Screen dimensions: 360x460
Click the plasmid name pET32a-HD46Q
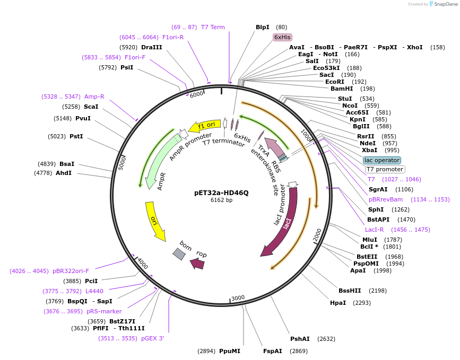click(x=221, y=192)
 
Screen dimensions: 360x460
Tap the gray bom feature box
click(x=179, y=254)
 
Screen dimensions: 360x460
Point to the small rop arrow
click(x=197, y=263)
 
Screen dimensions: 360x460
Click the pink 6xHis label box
click(x=282, y=37)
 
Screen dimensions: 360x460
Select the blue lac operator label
click(x=382, y=160)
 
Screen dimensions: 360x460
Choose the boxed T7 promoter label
click(x=385, y=170)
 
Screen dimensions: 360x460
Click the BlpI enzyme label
click(x=263, y=27)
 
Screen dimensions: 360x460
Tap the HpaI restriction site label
click(x=337, y=303)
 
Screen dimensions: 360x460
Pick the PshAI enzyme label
click(x=300, y=338)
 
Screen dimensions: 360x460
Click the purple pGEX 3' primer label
click(x=153, y=338)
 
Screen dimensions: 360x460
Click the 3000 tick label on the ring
click(x=238, y=297)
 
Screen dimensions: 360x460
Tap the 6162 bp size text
click(x=221, y=200)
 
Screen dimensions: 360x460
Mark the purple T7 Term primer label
click(x=213, y=27)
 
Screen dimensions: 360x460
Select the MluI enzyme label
click(x=370, y=239)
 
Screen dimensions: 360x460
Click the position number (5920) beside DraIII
click(x=128, y=47)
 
